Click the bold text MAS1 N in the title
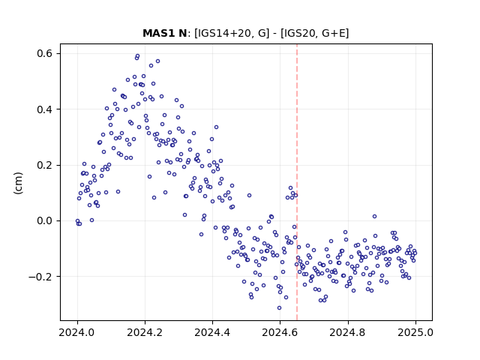164,33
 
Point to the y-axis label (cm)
18,183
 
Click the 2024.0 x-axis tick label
77,332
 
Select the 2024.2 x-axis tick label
145,332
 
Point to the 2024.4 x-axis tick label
212,332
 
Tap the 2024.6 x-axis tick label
280,332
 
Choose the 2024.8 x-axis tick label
348,332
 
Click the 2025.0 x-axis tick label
415,332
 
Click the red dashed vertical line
297,182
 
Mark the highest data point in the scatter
137,56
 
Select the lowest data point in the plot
279,307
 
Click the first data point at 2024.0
77,220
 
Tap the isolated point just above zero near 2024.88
374,217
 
